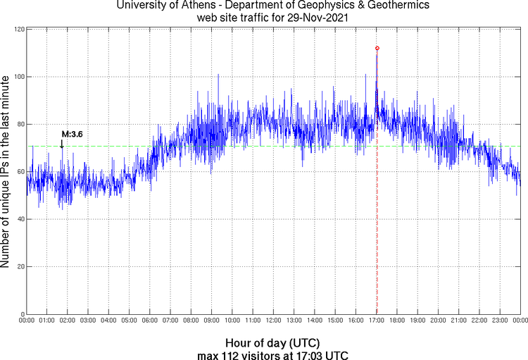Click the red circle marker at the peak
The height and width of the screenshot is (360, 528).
point(377,48)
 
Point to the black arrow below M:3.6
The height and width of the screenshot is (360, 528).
point(62,144)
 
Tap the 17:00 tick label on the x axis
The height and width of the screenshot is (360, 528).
point(377,321)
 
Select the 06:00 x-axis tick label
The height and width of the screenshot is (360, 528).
point(150,321)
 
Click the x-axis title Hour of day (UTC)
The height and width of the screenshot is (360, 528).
point(272,342)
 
